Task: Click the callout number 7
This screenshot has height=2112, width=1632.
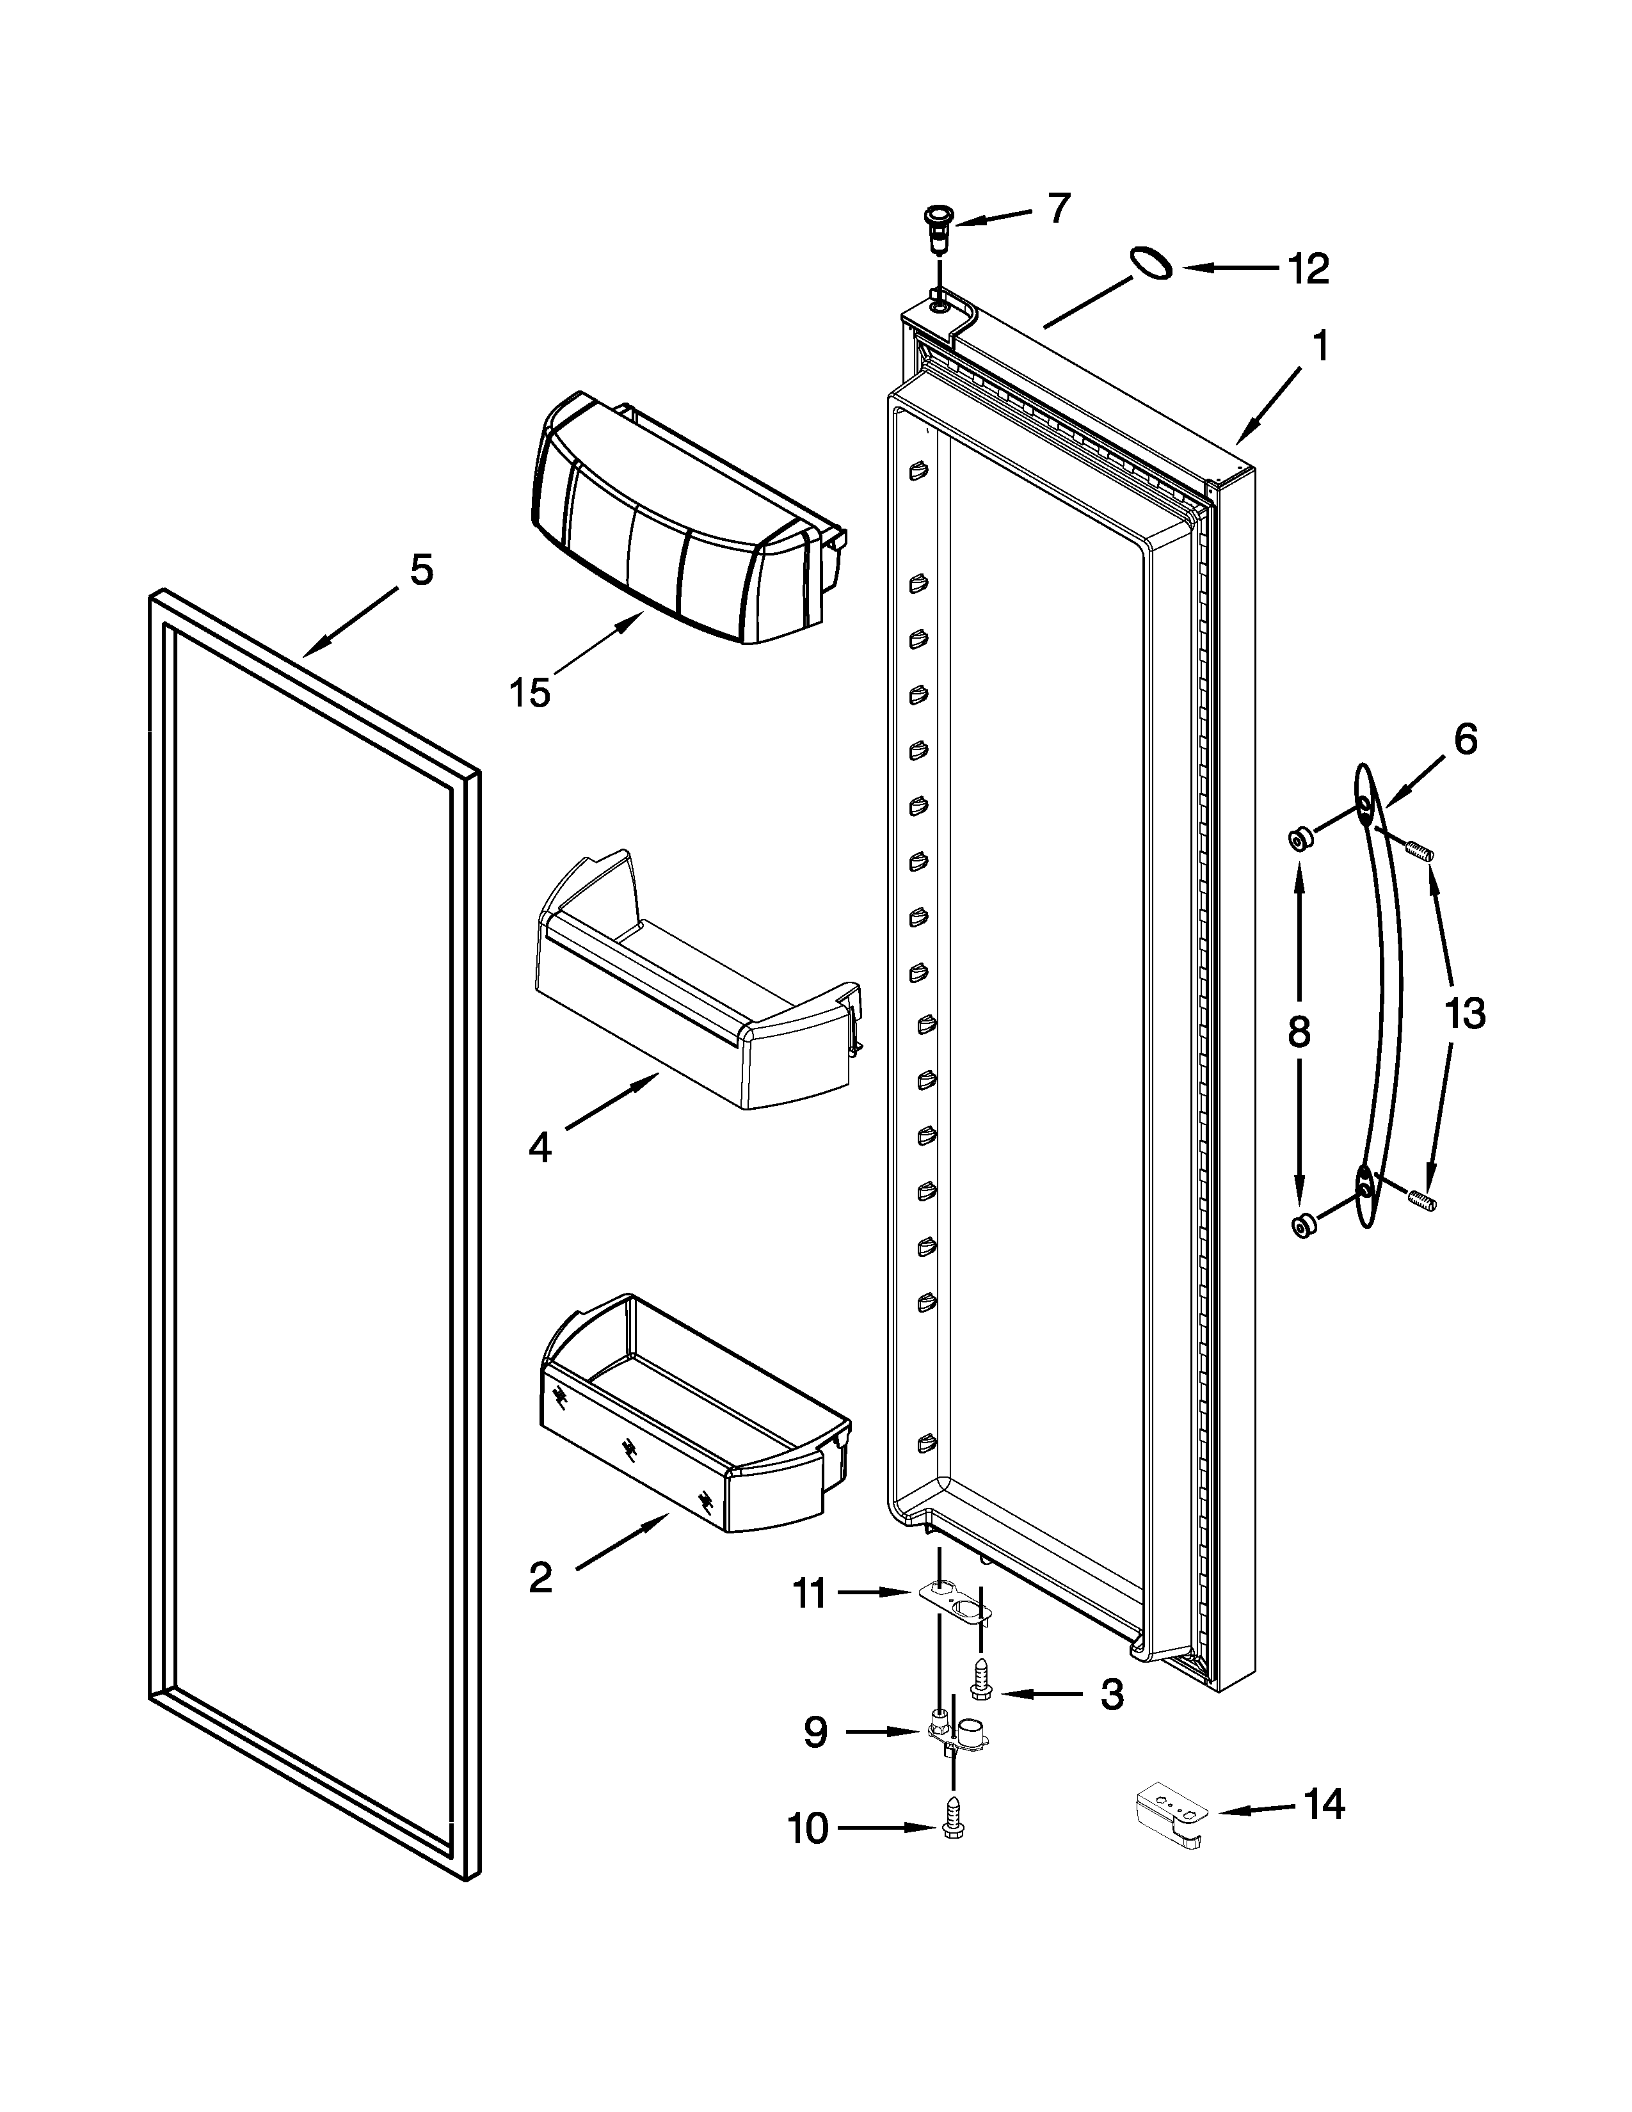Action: tap(1060, 208)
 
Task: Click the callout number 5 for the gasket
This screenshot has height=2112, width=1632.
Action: tap(422, 570)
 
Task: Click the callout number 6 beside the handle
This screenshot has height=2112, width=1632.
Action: tap(1466, 740)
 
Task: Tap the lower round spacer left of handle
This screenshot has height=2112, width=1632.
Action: tap(1303, 1226)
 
